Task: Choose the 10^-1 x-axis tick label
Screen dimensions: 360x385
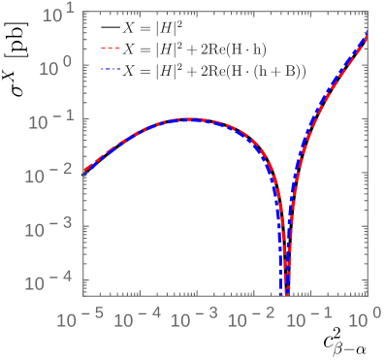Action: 310,316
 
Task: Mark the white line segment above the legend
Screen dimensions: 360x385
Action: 111,8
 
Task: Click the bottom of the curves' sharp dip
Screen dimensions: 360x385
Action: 285,291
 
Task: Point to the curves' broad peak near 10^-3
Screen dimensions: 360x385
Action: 187,119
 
